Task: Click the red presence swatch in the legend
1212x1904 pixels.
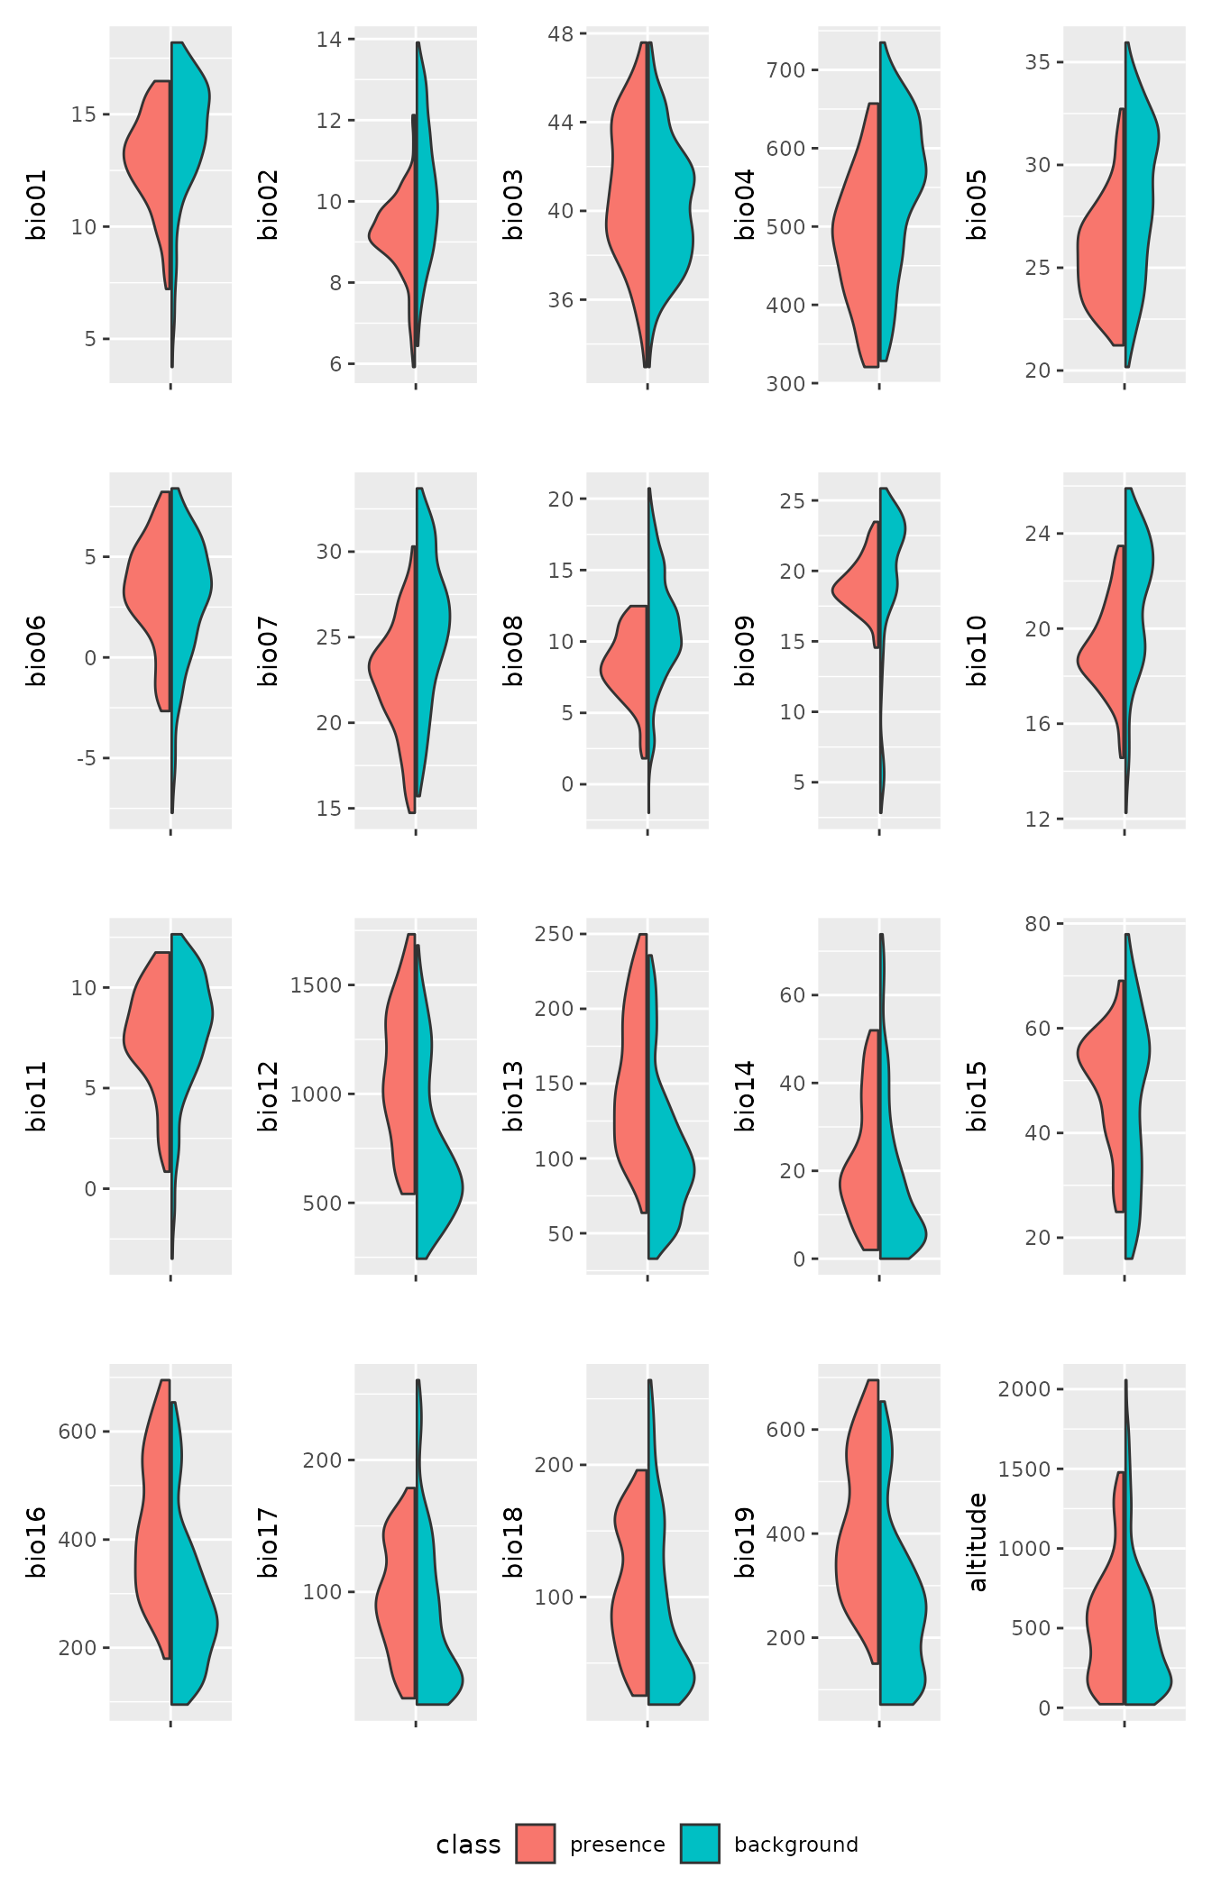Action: (536, 1844)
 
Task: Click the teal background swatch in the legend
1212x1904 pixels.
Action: (700, 1844)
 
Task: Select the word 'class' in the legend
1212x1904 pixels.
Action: (467, 1844)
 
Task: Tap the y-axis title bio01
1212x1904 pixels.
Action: (36, 205)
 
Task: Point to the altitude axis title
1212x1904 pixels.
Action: (978, 1542)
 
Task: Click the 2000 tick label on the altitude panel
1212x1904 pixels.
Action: (1024, 1389)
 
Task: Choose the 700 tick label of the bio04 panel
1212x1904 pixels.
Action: (785, 70)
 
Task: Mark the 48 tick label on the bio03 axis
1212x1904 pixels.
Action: (560, 34)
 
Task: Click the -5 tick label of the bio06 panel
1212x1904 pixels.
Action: (86, 758)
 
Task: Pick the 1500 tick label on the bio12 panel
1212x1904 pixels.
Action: (316, 985)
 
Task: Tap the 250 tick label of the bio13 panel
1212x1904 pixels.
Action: (554, 934)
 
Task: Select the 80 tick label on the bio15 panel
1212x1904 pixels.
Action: (1038, 924)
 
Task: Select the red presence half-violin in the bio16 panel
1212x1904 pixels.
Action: (153, 1533)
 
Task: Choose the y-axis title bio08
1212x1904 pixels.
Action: (513, 651)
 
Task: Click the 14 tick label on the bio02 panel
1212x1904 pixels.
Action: (329, 40)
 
